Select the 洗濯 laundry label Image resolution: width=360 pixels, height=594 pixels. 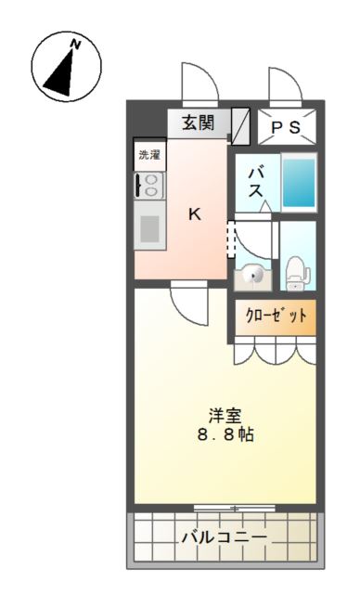(x=149, y=154)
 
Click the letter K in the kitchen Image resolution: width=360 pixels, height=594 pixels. (x=195, y=213)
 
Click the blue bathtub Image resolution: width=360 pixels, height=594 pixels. (x=299, y=182)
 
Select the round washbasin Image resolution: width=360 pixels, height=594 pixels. (x=254, y=274)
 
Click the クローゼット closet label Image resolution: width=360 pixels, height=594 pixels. (x=276, y=316)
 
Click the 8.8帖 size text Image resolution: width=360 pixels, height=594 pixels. (x=225, y=435)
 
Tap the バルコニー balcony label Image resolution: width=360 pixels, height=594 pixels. (x=224, y=537)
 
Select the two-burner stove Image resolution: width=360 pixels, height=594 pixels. (x=149, y=183)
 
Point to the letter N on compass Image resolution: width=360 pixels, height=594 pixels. (x=77, y=44)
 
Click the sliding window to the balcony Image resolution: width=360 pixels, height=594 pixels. (x=236, y=508)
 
